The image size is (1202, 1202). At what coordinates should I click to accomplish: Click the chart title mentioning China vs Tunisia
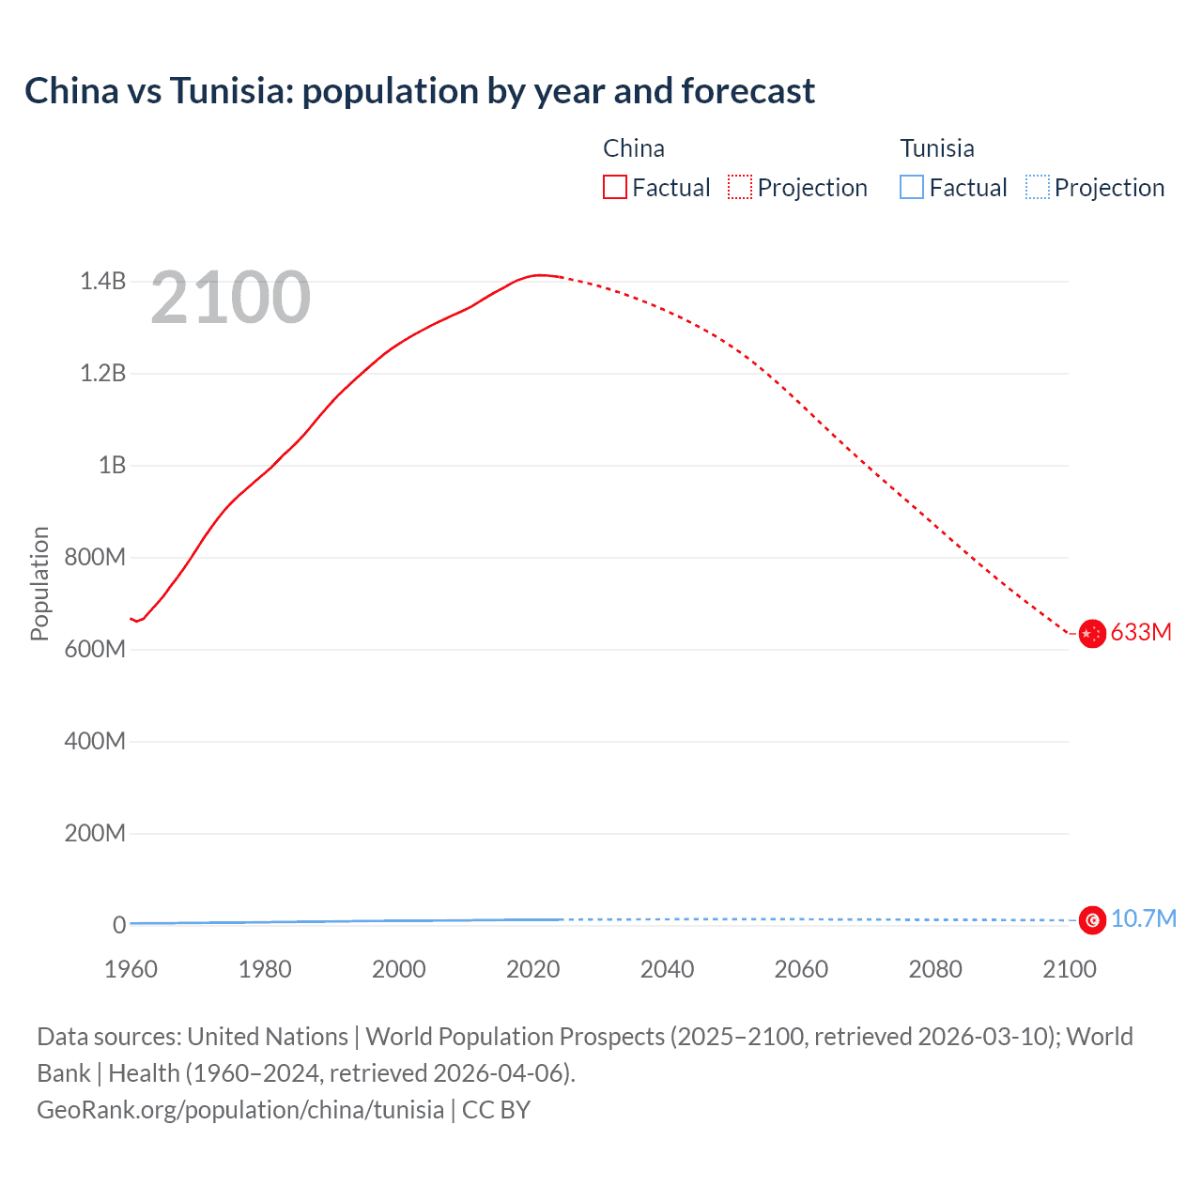pyautogui.click(x=420, y=91)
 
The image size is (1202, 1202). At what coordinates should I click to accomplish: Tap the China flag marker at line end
pyautogui.click(x=1091, y=634)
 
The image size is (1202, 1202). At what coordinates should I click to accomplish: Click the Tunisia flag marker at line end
pyautogui.click(x=1091, y=920)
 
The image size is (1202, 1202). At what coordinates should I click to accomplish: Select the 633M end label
pyautogui.click(x=1141, y=633)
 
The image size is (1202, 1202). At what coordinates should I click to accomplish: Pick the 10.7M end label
pyautogui.click(x=1143, y=919)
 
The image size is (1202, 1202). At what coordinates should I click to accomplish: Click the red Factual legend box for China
pyautogui.click(x=615, y=187)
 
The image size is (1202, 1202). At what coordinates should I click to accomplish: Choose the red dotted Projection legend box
pyautogui.click(x=740, y=187)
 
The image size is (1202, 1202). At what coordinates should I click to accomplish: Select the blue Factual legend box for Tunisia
pyautogui.click(x=912, y=187)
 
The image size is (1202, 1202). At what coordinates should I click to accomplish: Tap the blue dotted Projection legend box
pyautogui.click(x=1037, y=187)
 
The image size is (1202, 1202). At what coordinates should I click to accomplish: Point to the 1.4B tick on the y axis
pyautogui.click(x=102, y=281)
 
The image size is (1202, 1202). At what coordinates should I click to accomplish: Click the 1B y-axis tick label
pyautogui.click(x=112, y=466)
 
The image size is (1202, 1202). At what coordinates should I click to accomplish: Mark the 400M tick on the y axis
pyautogui.click(x=95, y=742)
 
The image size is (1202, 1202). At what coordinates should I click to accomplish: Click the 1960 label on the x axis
pyautogui.click(x=131, y=969)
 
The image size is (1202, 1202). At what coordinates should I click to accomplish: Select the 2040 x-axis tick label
pyautogui.click(x=667, y=969)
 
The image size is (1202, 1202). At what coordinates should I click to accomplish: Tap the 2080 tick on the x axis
pyautogui.click(x=935, y=969)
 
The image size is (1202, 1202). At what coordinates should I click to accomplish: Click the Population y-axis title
pyautogui.click(x=39, y=583)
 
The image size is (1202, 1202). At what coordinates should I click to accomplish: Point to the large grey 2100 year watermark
pyautogui.click(x=230, y=298)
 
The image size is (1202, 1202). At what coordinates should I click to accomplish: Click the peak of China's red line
pyautogui.click(x=539, y=275)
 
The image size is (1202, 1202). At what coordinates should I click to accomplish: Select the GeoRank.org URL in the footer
pyautogui.click(x=240, y=1110)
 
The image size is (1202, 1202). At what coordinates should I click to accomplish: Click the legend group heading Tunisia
pyautogui.click(x=936, y=148)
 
